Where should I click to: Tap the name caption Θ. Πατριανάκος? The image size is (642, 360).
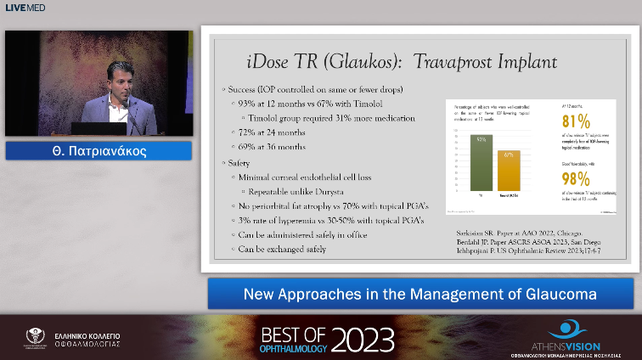[99, 152]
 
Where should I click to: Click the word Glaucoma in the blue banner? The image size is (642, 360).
[558, 295]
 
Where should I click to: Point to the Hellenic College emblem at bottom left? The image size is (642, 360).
[37, 338]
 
